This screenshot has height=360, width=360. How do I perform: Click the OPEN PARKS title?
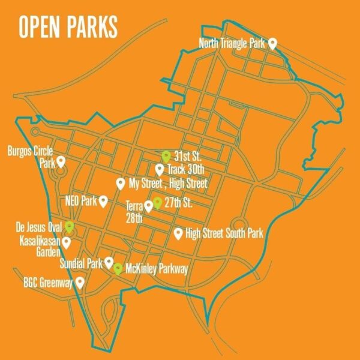pyautogui.click(x=68, y=28)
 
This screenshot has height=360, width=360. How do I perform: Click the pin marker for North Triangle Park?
pyautogui.click(x=272, y=43)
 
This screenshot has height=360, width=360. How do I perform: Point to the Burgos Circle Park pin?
pyautogui.click(x=61, y=162)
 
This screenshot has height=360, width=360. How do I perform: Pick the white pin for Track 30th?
pyautogui.click(x=160, y=169)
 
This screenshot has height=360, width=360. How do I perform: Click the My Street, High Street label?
pyautogui.click(x=168, y=183)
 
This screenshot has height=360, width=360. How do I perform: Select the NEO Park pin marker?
pyautogui.click(x=103, y=200)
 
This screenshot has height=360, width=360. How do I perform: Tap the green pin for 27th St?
pyautogui.click(x=157, y=203)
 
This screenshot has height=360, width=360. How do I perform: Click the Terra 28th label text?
pyautogui.click(x=134, y=211)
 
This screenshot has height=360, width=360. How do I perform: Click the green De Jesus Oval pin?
pyautogui.click(x=70, y=226)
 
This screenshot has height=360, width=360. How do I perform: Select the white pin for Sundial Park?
pyautogui.click(x=109, y=262)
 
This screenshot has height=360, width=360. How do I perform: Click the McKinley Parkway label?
pyautogui.click(x=157, y=269)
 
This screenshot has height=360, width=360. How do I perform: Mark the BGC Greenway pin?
pyautogui.click(x=79, y=281)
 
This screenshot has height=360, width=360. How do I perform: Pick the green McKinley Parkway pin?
pyautogui.click(x=119, y=268)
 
